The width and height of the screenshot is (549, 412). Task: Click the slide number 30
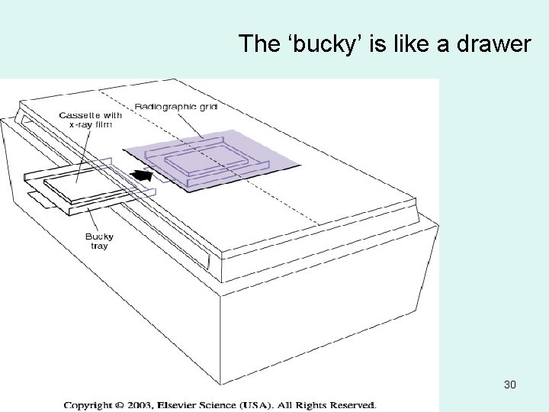[x=509, y=385]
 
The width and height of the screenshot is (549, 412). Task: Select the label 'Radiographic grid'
[x=176, y=107]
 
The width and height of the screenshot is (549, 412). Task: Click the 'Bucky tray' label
[x=100, y=241]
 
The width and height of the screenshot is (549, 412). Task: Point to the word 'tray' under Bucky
[x=100, y=246]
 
